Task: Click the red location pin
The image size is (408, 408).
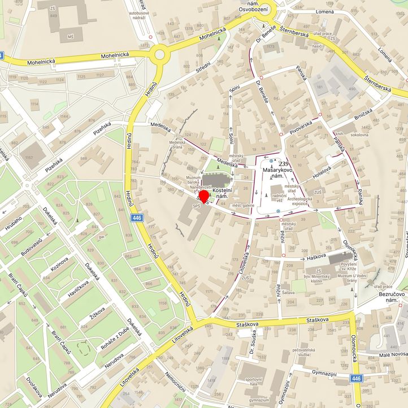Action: pyautogui.click(x=203, y=197)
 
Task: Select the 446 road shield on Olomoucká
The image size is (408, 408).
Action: pyautogui.click(x=355, y=378)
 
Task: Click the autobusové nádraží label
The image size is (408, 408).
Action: pyautogui.click(x=139, y=15)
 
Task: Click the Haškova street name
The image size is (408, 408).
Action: pyautogui.click(x=318, y=258)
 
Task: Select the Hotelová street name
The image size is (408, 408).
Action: pyautogui.click(x=323, y=170)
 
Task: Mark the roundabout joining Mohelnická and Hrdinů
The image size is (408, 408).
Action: pyautogui.click(x=159, y=55)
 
